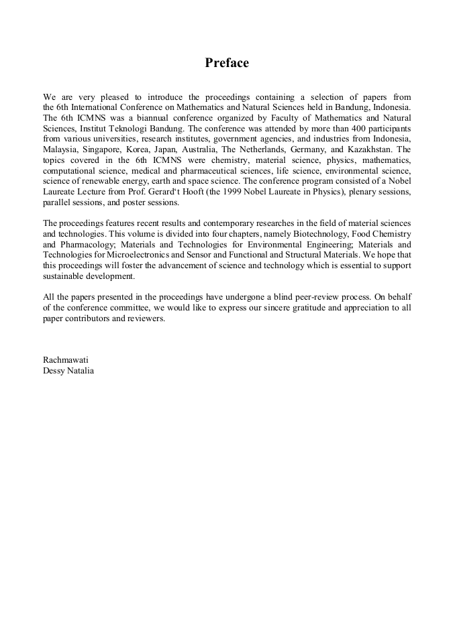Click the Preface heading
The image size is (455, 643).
(x=227, y=63)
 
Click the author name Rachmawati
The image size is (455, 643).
(x=66, y=359)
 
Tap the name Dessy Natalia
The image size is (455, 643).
(x=68, y=370)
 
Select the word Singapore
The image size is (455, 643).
(x=105, y=150)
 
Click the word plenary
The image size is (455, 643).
(x=340, y=192)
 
